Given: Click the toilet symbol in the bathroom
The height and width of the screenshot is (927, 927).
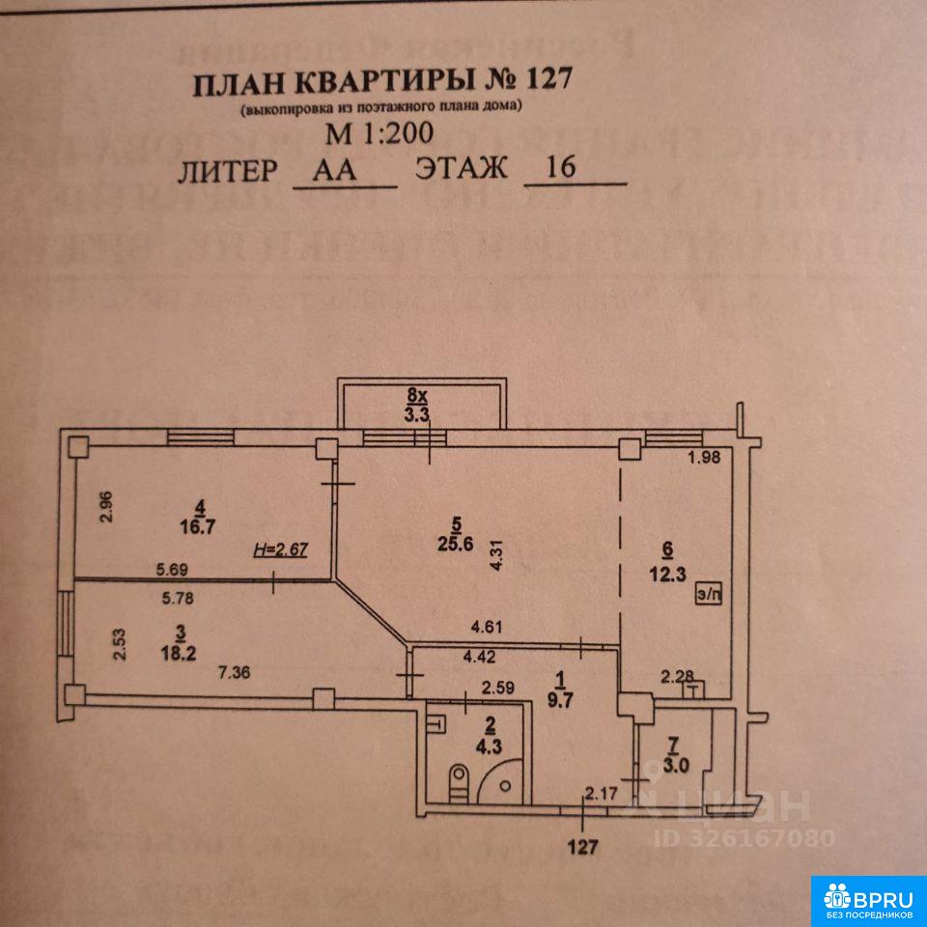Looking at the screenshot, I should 461,778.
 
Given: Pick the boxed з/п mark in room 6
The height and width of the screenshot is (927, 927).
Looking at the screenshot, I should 708,598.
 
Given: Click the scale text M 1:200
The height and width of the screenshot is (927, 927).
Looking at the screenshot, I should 381,132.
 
